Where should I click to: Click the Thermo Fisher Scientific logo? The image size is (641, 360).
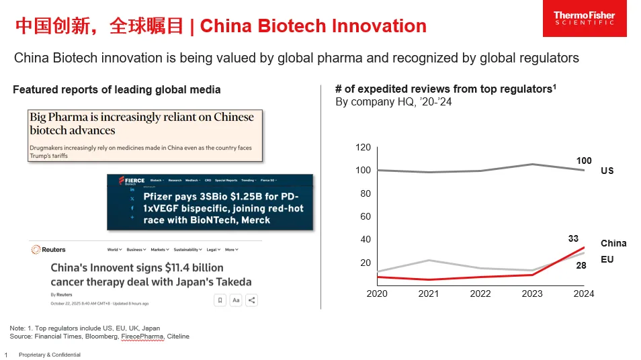coord(584,18)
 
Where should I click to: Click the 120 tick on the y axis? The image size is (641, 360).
coord(363,148)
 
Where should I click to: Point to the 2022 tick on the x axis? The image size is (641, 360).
coord(480,294)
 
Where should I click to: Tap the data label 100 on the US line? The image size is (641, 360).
coord(584,161)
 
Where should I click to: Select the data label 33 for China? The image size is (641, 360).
coord(573,238)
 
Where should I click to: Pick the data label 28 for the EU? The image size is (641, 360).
coord(581,265)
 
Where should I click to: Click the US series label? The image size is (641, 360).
coord(607,171)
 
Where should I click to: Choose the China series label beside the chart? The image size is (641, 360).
coord(613,243)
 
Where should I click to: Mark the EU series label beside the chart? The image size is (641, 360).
coord(607,259)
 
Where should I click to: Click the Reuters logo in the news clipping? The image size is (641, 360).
coord(48,249)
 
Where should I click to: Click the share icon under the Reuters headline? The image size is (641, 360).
coord(251,300)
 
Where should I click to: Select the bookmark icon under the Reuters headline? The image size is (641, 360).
coord(220,300)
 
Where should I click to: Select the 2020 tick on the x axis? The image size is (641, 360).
coord(377,294)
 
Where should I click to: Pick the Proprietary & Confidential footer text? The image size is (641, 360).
coord(49,355)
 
